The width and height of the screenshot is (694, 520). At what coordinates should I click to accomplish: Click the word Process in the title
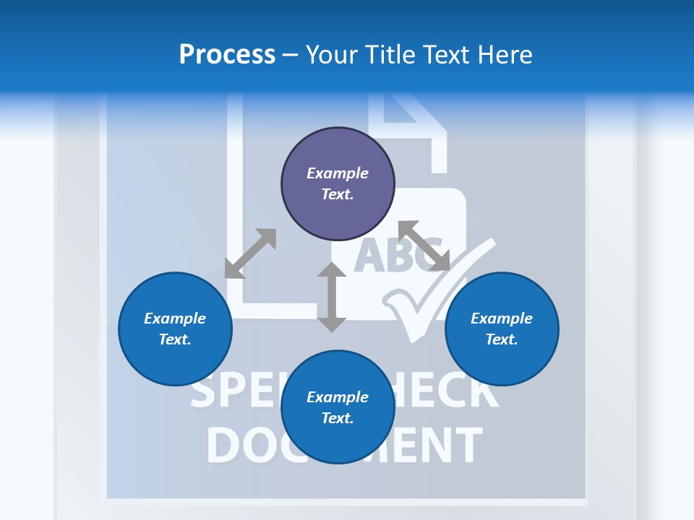click(x=227, y=55)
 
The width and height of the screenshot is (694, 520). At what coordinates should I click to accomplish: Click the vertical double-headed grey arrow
click(x=332, y=297)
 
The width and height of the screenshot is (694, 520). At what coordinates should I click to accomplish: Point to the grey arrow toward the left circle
click(x=250, y=253)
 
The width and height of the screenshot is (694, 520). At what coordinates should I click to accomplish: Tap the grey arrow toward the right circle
click(x=424, y=246)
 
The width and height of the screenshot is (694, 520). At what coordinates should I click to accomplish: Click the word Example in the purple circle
click(x=338, y=173)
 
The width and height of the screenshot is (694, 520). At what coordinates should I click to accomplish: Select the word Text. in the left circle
click(x=175, y=339)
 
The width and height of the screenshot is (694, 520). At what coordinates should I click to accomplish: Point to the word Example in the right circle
click(x=502, y=318)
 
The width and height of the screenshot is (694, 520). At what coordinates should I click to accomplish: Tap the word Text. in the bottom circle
click(x=338, y=418)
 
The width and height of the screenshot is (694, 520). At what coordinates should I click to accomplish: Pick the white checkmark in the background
click(x=427, y=303)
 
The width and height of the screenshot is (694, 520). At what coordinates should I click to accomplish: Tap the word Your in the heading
click(x=331, y=55)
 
